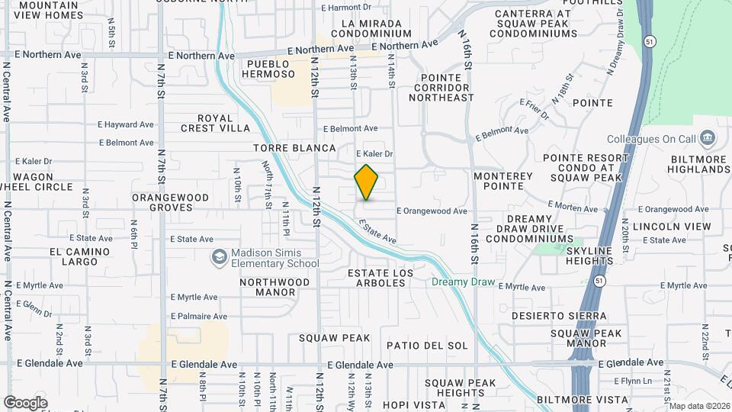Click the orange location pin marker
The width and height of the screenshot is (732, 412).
[x=367, y=182]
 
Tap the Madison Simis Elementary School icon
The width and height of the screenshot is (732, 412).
[x=220, y=258]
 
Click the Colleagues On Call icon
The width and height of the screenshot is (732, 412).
[x=708, y=138]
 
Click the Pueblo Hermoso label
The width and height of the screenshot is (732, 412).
[x=268, y=69]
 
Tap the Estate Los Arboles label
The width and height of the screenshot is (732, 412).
[x=377, y=278]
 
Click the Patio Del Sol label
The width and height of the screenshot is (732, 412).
[x=427, y=346]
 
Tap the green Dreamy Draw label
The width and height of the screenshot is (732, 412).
[x=464, y=282]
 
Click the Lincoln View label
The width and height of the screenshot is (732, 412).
[x=672, y=227]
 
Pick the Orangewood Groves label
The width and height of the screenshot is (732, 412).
[x=170, y=202]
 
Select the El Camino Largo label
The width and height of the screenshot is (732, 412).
[x=75, y=256]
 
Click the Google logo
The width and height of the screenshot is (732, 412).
[x=25, y=402]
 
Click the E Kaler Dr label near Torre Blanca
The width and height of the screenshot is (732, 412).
[x=373, y=154]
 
